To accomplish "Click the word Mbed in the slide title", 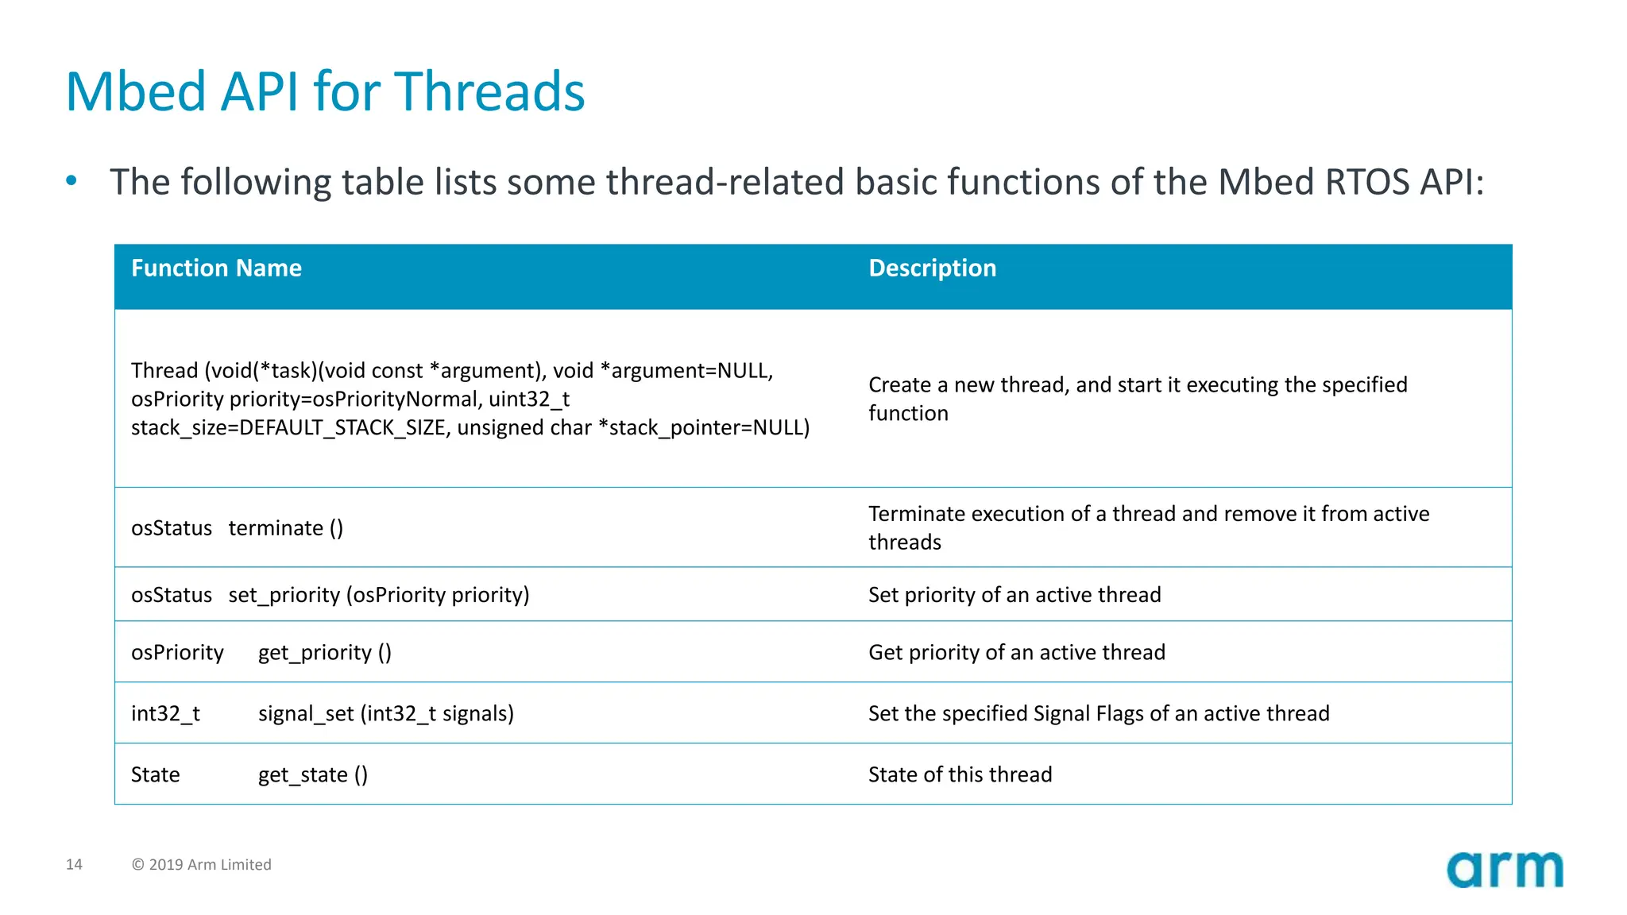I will pos(135,92).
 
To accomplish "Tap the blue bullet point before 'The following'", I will pos(71,181).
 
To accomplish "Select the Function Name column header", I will pos(216,268).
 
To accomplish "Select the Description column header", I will pos(932,268).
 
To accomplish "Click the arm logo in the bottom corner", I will pos(1504,869).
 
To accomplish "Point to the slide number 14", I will pos(74,864).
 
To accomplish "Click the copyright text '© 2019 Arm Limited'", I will pos(201,864).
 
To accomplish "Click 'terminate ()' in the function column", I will pos(285,528).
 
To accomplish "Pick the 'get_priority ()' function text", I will pos(324,653).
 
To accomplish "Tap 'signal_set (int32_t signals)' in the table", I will pos(385,714).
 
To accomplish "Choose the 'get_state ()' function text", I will pos(312,775).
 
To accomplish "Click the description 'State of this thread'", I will pos(960,774).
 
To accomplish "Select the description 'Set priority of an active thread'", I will pos(1014,595).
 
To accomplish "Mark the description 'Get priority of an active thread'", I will pos(1017,653).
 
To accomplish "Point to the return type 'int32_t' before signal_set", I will pos(165,714).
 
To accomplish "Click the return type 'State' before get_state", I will pos(155,775).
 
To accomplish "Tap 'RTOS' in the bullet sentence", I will pos(1366,182).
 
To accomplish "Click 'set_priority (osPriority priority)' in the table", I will pos(378,595).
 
